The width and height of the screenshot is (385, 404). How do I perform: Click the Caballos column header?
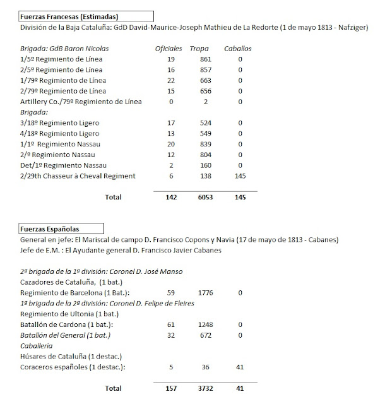coord(239,48)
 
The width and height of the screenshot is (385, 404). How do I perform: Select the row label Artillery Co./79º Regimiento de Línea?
coord(81,102)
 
